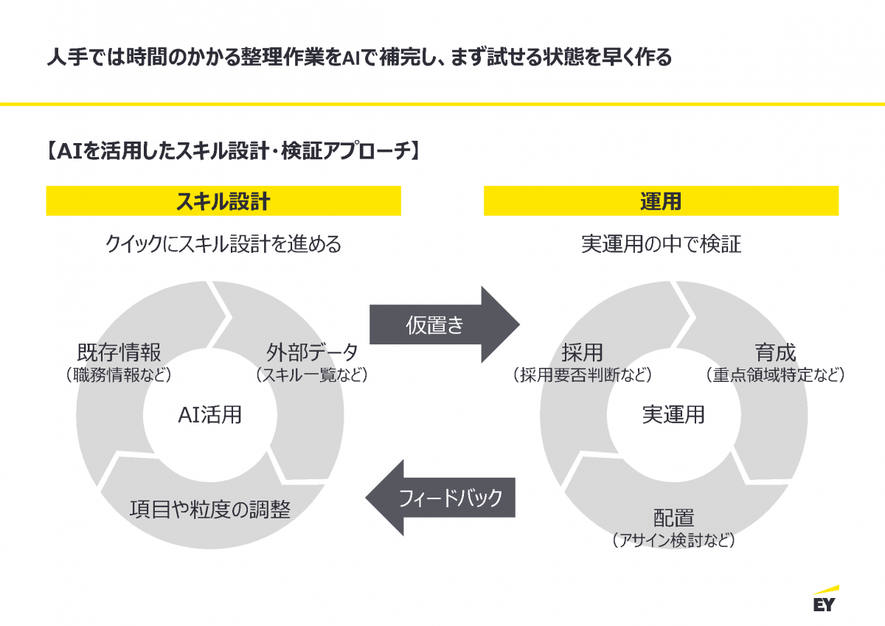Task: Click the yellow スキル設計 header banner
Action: (x=223, y=201)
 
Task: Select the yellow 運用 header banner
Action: (x=661, y=201)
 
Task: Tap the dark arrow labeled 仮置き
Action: (x=445, y=324)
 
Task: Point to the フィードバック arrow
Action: (x=440, y=498)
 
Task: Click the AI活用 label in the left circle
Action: (x=209, y=414)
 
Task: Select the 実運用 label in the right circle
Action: (x=673, y=414)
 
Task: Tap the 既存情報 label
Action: (x=119, y=352)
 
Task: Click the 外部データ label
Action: (x=312, y=352)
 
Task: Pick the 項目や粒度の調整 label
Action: (x=210, y=509)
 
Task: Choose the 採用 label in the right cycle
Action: (x=583, y=352)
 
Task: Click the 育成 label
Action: (x=775, y=352)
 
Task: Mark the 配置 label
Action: (x=674, y=518)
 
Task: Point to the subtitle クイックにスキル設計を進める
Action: (x=223, y=243)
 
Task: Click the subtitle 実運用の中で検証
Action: (x=661, y=243)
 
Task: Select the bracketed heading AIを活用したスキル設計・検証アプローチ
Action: (x=233, y=150)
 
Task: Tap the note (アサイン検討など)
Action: (x=674, y=540)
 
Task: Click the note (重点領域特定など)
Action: (x=775, y=375)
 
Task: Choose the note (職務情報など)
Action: (x=119, y=375)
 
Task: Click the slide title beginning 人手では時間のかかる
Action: (x=359, y=58)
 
